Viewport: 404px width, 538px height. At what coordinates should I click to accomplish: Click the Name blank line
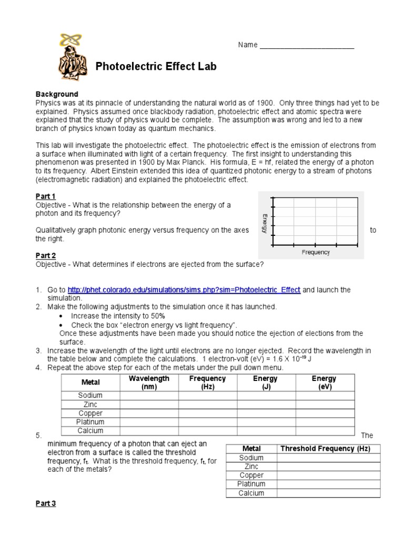pyautogui.click(x=307, y=46)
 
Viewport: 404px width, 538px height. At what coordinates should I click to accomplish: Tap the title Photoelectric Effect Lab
pyautogui.click(x=156, y=67)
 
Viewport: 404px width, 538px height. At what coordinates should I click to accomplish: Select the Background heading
pyautogui.click(x=57, y=94)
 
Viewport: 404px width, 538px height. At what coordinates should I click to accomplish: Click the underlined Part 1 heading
pyautogui.click(x=45, y=196)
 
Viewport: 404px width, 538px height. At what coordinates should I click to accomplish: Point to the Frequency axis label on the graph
pyautogui.click(x=316, y=252)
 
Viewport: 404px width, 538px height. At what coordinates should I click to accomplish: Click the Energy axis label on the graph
pyautogui.click(x=265, y=223)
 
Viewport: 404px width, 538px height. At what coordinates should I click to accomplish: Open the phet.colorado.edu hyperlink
pyautogui.click(x=184, y=289)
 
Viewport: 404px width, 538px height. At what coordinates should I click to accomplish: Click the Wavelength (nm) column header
pyautogui.click(x=149, y=382)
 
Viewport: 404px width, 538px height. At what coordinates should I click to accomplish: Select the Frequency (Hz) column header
pyautogui.click(x=208, y=382)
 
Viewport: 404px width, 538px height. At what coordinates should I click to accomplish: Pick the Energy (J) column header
pyautogui.click(x=265, y=382)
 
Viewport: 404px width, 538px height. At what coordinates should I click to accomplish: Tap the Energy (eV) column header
pyautogui.click(x=324, y=382)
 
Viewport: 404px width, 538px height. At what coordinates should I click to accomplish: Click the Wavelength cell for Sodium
pyautogui.click(x=149, y=396)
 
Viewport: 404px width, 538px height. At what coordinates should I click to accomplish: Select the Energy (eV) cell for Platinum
pyautogui.click(x=324, y=422)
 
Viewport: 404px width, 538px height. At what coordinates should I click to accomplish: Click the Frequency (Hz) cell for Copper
pyautogui.click(x=208, y=413)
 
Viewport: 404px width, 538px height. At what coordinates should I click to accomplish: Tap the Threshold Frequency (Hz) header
pyautogui.click(x=325, y=449)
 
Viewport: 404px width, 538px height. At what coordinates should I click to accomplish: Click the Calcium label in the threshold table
pyautogui.click(x=251, y=493)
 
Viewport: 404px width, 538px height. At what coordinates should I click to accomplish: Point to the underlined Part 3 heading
pyautogui.click(x=45, y=503)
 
